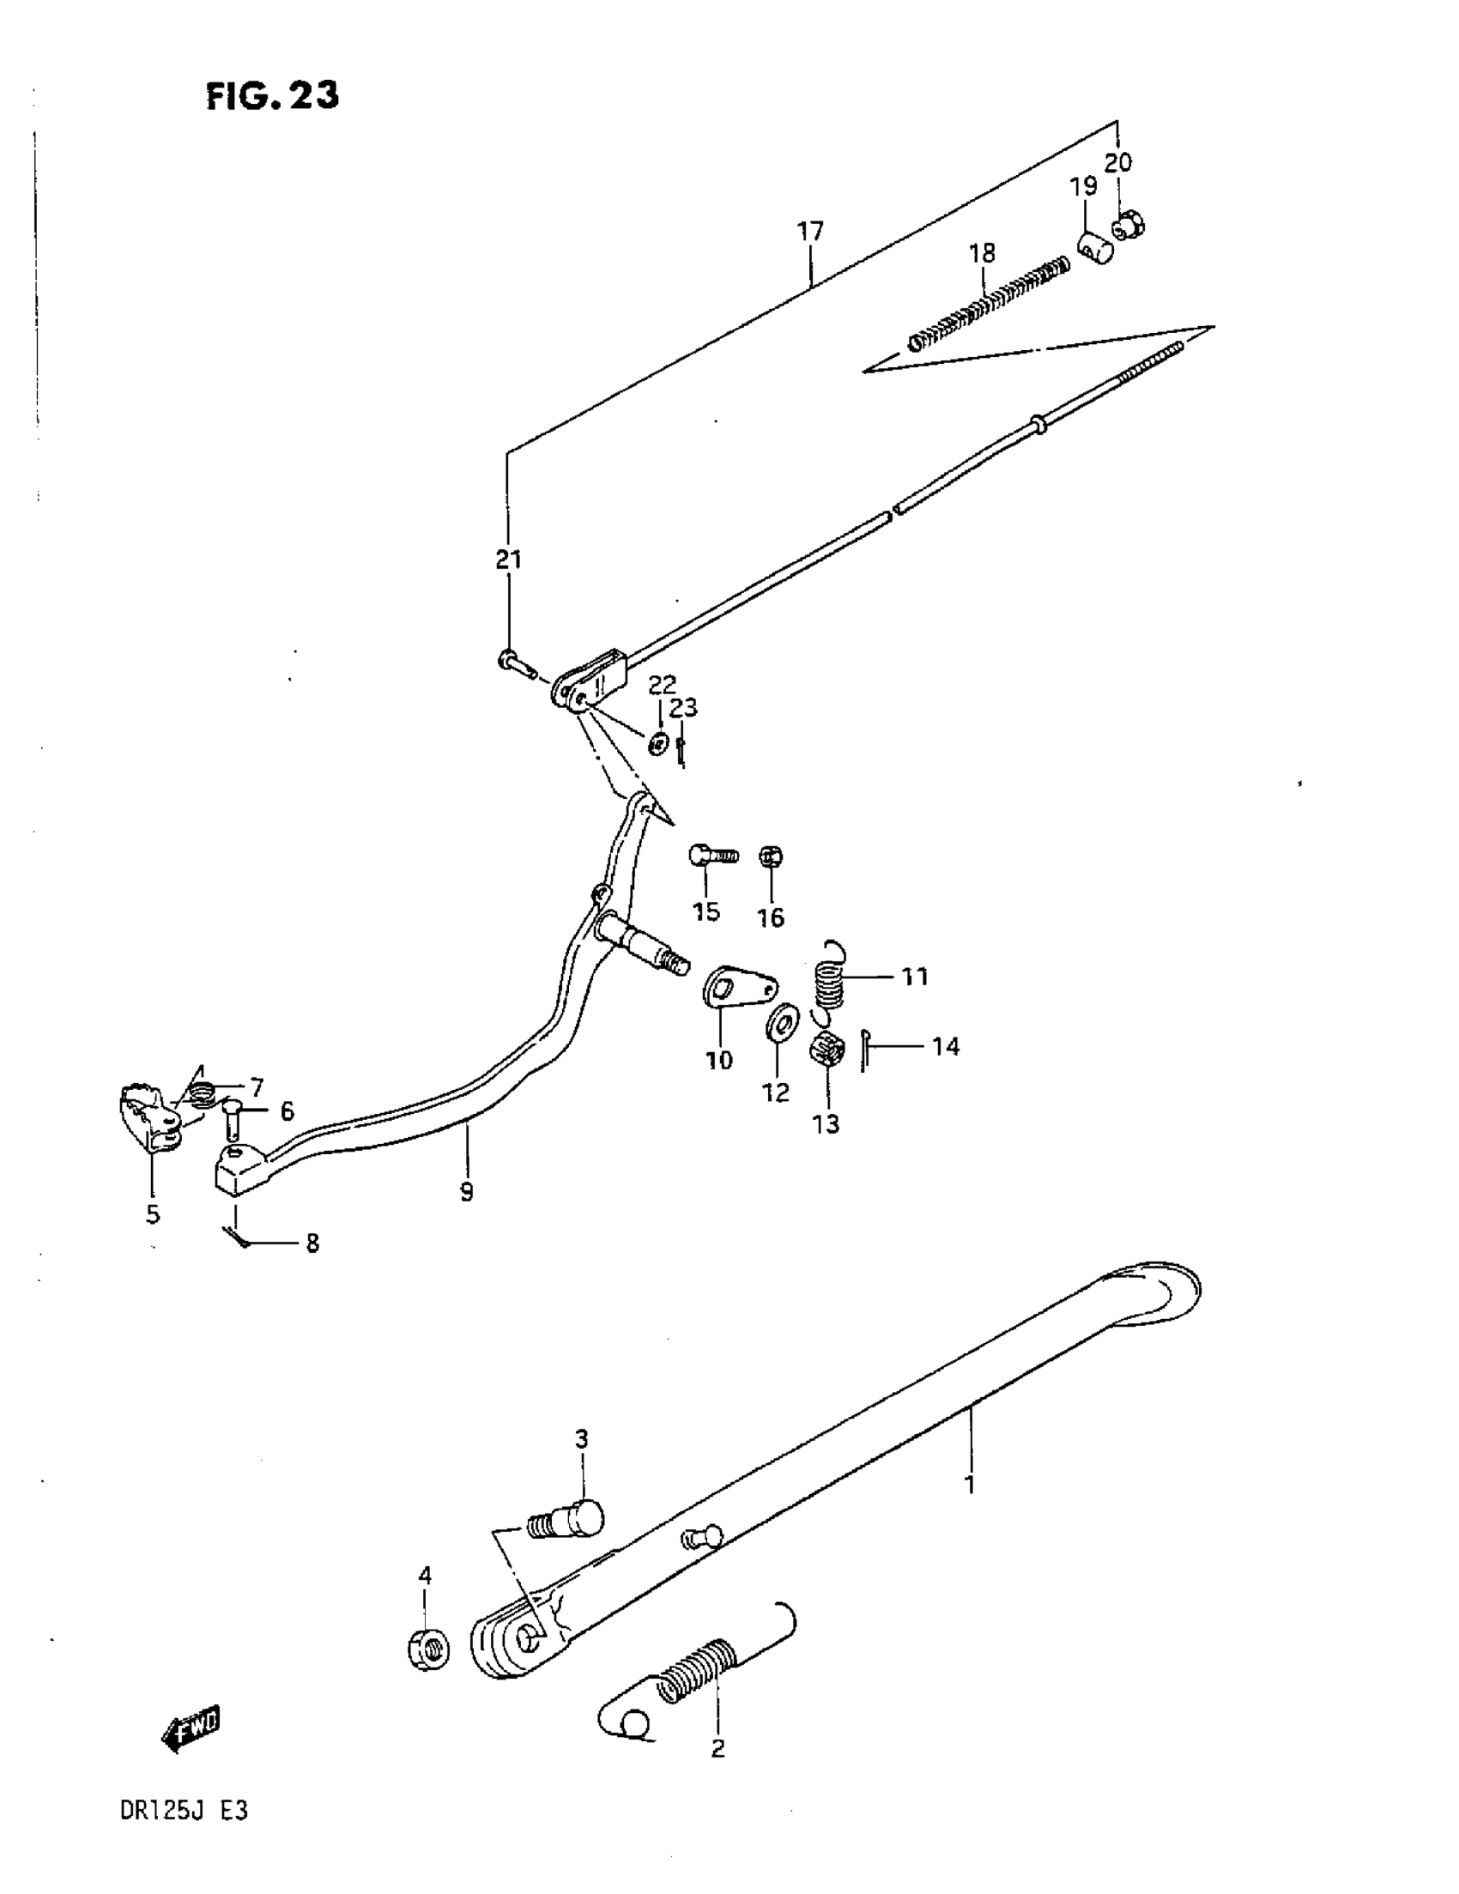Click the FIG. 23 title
coord(272,95)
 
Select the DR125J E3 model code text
coord(184,1811)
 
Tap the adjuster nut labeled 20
coord(1128,226)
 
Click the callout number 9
coord(467,1191)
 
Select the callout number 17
coord(810,232)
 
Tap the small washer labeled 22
coord(658,743)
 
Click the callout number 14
coord(946,1047)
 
